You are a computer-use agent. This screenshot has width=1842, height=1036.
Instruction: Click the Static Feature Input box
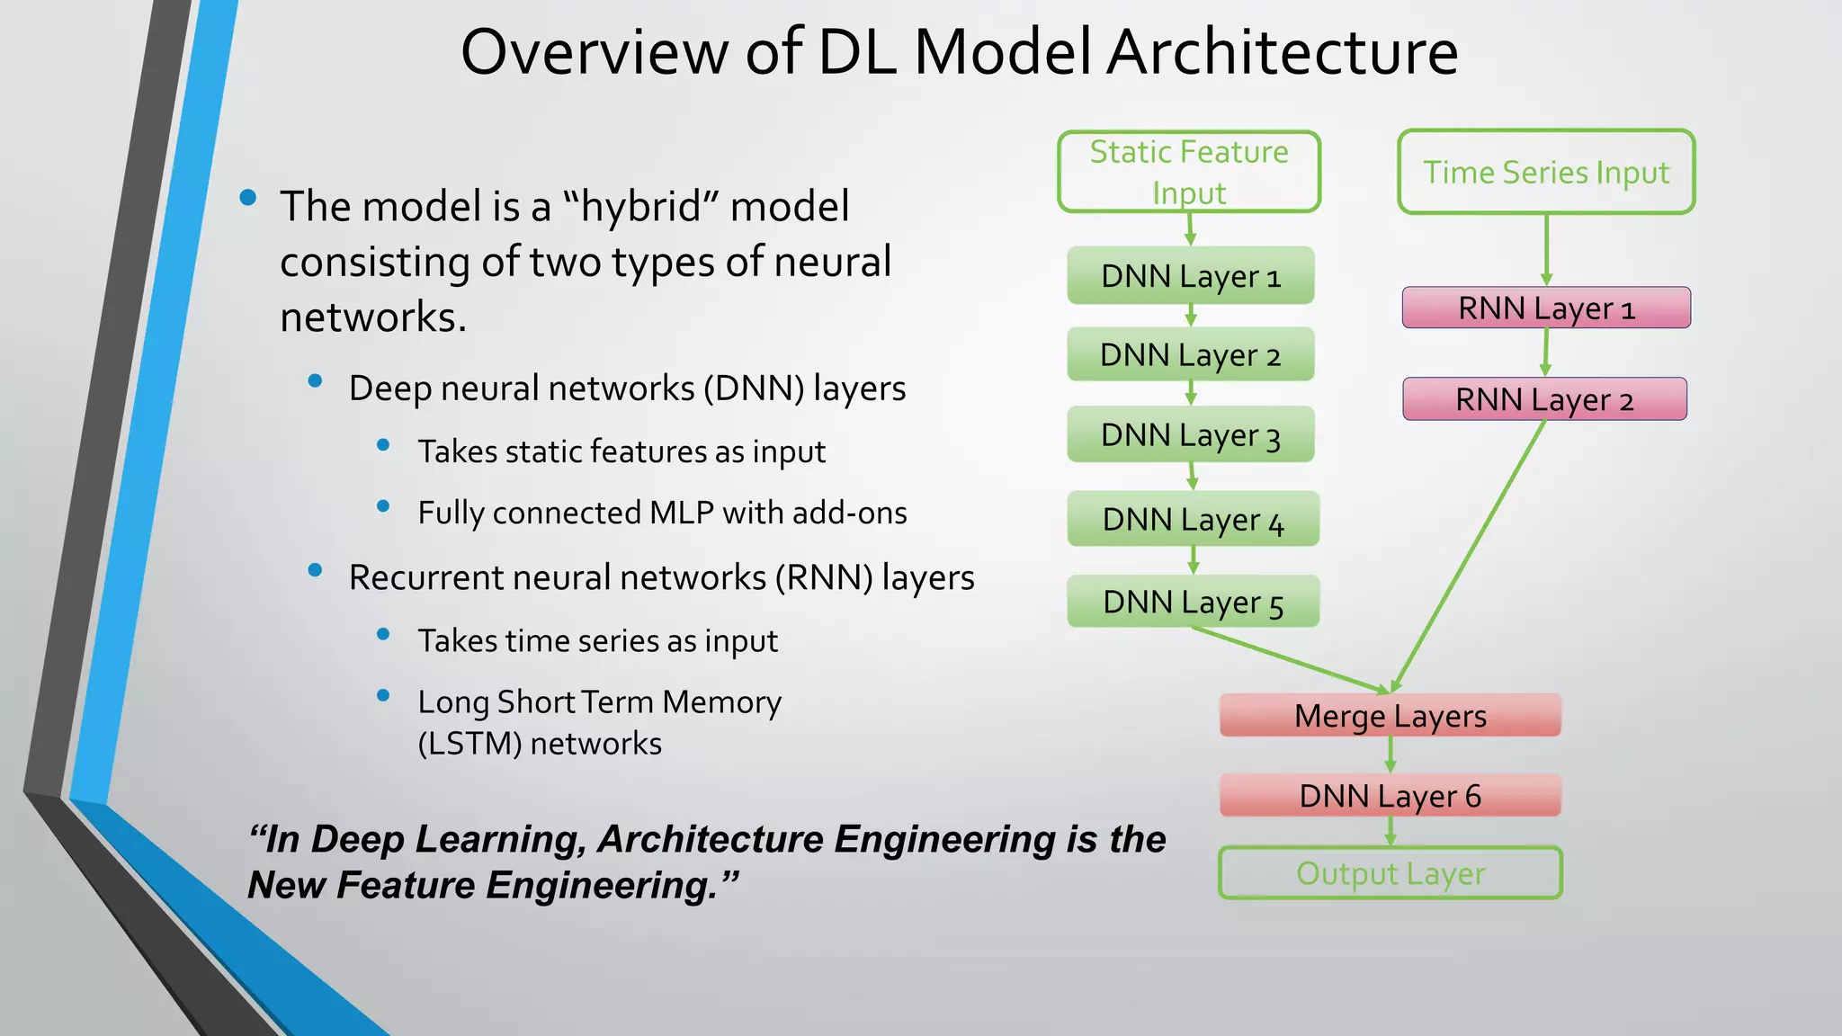coord(1189,172)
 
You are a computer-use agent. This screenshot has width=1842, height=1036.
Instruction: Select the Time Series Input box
coord(1546,172)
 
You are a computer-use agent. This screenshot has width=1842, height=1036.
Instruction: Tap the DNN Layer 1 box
coord(1190,275)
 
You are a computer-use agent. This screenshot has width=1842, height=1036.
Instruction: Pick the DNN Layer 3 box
coord(1190,434)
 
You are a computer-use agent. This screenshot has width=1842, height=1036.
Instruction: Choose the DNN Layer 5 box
coord(1193,602)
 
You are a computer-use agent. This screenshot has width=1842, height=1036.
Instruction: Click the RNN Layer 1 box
coord(1546,308)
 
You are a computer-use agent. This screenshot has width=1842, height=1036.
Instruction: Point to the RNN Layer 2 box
coord(1544,398)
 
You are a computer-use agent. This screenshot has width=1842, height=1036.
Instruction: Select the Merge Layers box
coord(1390,716)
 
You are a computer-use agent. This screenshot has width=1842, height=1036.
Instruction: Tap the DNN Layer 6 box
coord(1390,795)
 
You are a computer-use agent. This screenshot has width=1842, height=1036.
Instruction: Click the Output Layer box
coord(1390,872)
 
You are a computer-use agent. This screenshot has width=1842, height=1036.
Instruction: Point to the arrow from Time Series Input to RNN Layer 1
coord(1546,249)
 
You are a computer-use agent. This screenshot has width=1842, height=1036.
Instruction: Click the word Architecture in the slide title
coord(1282,52)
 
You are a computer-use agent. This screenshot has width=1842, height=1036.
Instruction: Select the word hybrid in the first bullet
coord(641,207)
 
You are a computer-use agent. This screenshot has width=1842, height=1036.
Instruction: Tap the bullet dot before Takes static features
coord(383,445)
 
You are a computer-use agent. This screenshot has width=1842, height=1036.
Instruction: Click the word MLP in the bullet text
coord(681,513)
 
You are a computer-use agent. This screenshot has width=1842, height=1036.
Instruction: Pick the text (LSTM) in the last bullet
coord(468,744)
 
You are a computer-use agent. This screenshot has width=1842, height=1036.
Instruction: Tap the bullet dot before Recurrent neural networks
coord(315,570)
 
